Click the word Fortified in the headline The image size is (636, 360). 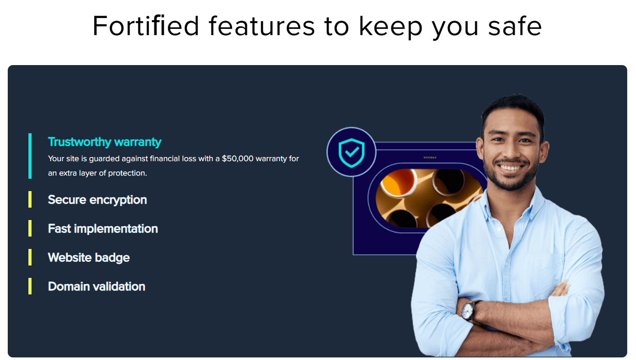point(146,26)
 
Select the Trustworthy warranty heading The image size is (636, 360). point(104,142)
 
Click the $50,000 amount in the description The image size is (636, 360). point(238,159)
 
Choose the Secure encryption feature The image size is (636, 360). point(97,200)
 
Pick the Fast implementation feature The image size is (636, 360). point(103,229)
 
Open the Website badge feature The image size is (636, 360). point(89,258)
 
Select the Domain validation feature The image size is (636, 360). point(97,287)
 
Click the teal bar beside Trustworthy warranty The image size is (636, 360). point(30,156)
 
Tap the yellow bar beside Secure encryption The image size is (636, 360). point(30,200)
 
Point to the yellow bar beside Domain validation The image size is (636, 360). point(30,286)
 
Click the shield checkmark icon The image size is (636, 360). point(351,152)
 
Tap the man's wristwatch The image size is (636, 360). point(468,310)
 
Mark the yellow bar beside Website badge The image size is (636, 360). point(30,257)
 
